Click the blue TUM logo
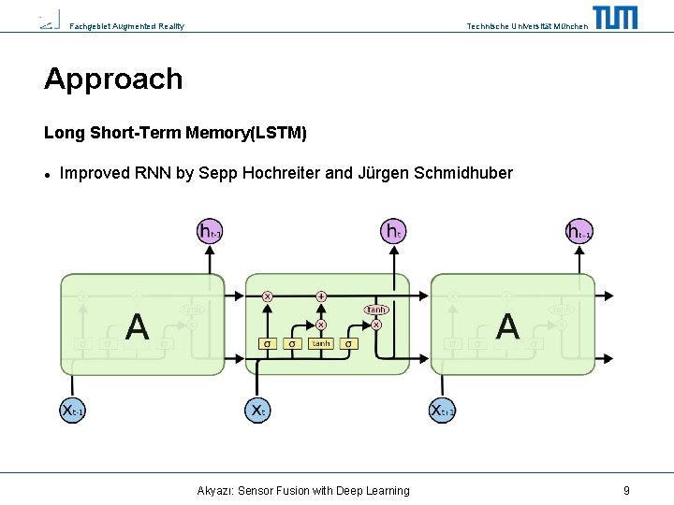(x=615, y=18)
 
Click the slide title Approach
(x=113, y=79)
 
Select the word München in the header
(x=571, y=26)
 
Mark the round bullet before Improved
(x=48, y=174)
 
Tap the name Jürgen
(x=381, y=173)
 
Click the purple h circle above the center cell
(x=393, y=230)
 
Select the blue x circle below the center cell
(x=258, y=410)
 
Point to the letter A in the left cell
(x=137, y=326)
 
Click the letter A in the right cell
(x=506, y=326)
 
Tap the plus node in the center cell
(x=321, y=296)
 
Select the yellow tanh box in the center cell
(x=321, y=343)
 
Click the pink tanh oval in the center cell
(x=376, y=310)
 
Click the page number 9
(x=626, y=490)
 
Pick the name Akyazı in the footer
(x=216, y=490)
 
